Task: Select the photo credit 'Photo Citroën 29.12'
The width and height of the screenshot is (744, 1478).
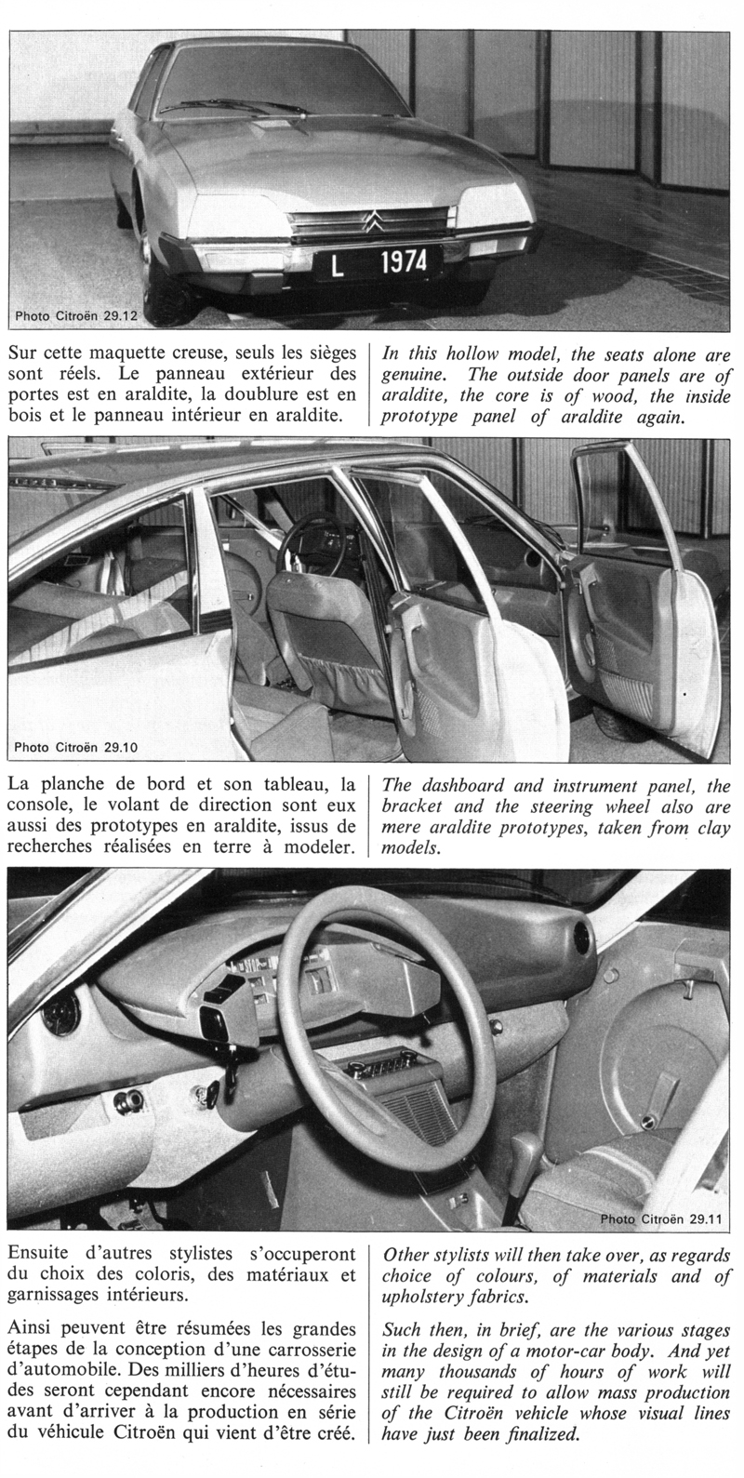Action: pyautogui.click(x=77, y=316)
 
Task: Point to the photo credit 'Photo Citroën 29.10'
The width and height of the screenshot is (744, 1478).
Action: pyautogui.click(x=77, y=745)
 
